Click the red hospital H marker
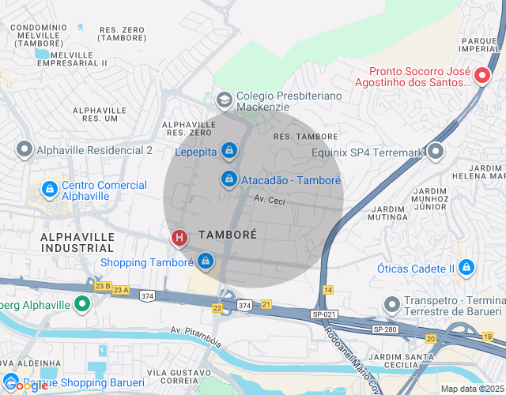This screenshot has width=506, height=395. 179,237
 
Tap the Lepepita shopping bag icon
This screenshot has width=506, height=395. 228,149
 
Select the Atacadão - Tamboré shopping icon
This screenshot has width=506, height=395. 228,179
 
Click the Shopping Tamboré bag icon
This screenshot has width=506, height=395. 206,260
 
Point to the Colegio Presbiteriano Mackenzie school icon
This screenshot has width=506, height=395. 224,100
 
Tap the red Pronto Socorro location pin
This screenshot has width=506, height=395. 483,76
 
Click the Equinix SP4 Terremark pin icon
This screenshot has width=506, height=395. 435,151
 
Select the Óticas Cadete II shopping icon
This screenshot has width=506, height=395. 466,268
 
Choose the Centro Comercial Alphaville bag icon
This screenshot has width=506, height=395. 49,190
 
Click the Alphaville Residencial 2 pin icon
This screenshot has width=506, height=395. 25,149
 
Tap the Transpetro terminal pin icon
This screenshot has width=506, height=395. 391,304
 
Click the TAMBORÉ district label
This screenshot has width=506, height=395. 228,235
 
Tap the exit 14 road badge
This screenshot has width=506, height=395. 328,290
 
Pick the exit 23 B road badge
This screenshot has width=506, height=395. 102,286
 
